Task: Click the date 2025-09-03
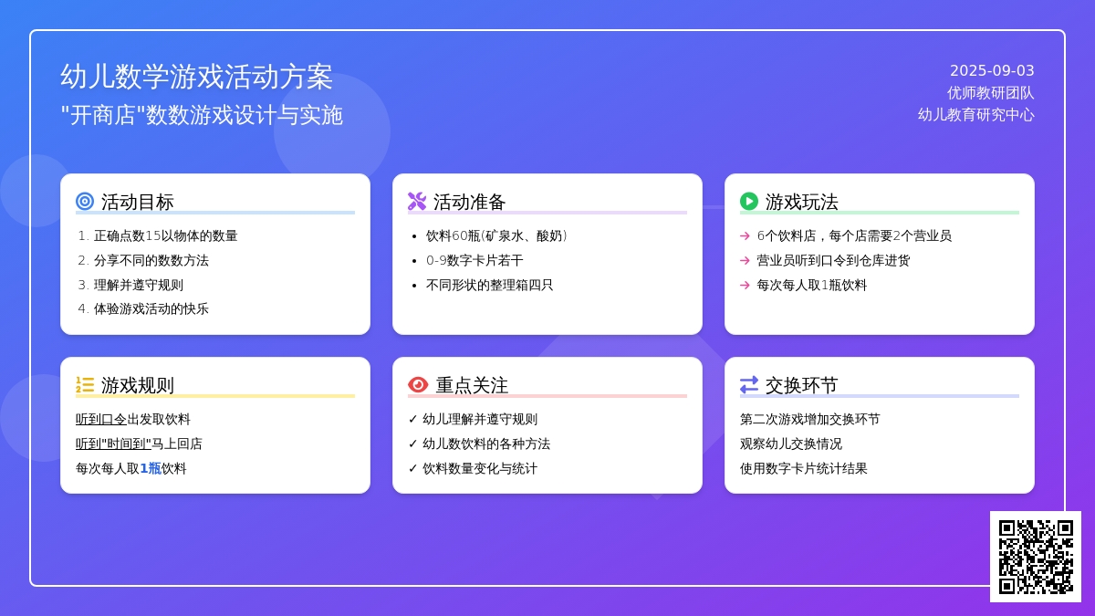coord(992,71)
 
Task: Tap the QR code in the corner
coord(1036,557)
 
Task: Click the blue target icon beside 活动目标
coord(85,202)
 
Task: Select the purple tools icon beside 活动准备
coord(417,202)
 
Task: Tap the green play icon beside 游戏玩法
coord(749,202)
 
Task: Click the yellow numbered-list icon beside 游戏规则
coord(85,385)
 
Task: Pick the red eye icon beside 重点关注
coord(418,385)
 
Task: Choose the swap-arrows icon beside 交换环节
coord(749,385)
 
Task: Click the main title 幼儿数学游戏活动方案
coord(196,77)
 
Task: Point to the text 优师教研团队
coord(990,93)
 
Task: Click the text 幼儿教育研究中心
coord(976,115)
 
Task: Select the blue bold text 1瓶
coord(151,468)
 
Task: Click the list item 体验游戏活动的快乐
coord(151,309)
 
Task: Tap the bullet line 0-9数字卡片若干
coord(474,261)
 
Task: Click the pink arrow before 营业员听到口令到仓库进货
coord(745,261)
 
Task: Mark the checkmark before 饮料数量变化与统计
coord(412,468)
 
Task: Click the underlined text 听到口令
coord(101,420)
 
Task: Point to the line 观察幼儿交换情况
coord(791,444)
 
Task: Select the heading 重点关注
coord(472,385)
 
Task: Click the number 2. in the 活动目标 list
coord(83,261)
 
